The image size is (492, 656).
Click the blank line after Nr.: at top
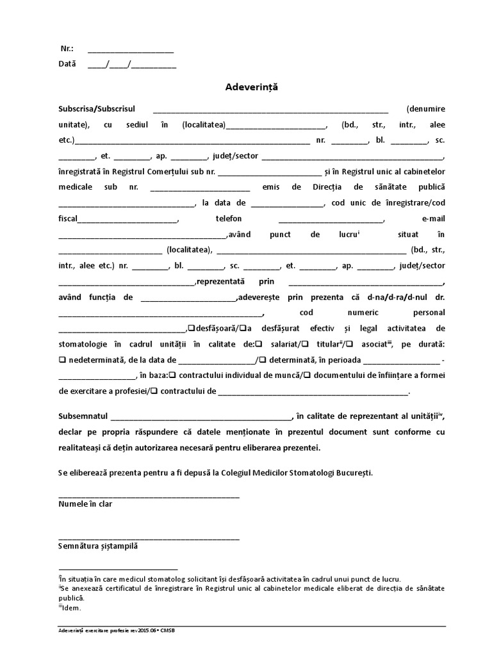(x=130, y=51)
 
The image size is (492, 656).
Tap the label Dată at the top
(x=68, y=64)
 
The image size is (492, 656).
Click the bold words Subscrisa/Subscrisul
(x=97, y=109)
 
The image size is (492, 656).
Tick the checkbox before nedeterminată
(x=62, y=360)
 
